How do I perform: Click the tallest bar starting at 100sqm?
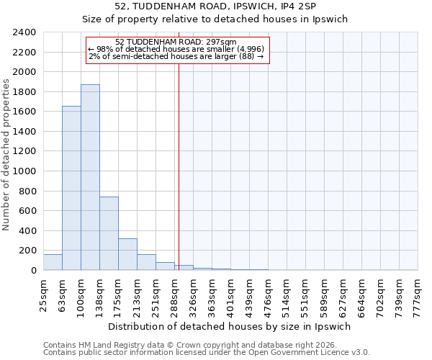[90, 177]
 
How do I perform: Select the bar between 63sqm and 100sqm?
[71, 188]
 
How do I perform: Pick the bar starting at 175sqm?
[127, 254]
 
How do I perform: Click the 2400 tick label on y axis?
[24, 33]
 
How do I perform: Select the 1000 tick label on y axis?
[24, 171]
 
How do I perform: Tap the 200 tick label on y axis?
[27, 251]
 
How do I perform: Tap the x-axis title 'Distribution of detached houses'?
[230, 326]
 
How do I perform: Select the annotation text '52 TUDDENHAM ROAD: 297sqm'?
[176, 42]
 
